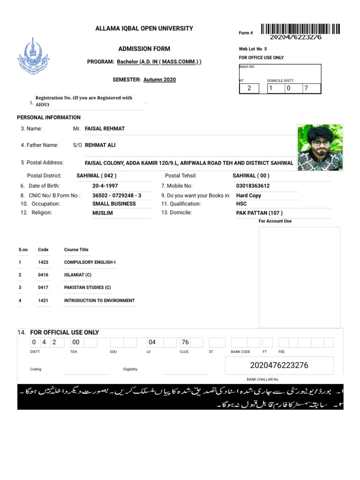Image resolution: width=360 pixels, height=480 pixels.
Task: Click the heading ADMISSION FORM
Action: (144, 49)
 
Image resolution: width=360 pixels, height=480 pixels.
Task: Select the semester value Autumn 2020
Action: (159, 80)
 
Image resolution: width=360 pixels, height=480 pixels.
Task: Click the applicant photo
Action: (320, 148)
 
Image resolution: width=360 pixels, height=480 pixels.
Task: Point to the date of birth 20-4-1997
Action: (105, 186)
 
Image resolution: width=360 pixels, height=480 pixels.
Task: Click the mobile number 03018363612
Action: (253, 186)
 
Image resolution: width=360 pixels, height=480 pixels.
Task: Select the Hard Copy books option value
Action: (248, 195)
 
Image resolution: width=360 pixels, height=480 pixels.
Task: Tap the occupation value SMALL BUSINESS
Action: (114, 204)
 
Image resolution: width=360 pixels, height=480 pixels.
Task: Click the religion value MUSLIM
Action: (103, 213)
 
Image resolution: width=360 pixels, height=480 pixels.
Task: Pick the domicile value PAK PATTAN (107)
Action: (259, 213)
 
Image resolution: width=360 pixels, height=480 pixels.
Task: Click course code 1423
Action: (43, 262)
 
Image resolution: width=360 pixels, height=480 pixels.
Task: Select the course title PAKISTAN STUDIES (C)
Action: (87, 288)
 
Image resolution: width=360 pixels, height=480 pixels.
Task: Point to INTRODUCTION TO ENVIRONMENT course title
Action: (99, 300)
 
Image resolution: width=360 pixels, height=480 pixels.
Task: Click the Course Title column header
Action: (76, 250)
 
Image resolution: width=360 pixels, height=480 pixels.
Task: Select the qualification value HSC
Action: (241, 204)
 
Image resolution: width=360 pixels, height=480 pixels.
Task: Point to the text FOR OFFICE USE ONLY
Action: (261, 58)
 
